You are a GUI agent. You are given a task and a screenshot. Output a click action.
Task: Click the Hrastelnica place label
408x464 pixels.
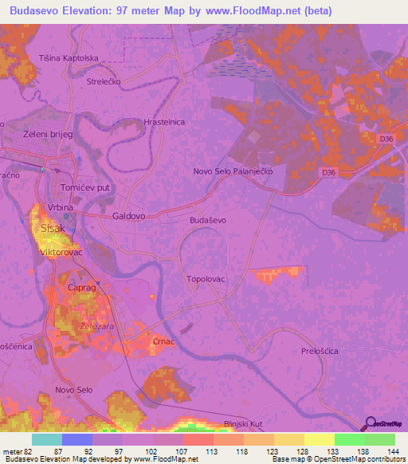point(163,122)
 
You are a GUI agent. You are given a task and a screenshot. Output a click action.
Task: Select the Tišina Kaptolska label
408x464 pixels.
point(69,58)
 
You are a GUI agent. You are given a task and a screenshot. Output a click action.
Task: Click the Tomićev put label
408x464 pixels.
point(84,187)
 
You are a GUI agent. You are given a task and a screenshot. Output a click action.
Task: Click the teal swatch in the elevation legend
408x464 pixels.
point(46,439)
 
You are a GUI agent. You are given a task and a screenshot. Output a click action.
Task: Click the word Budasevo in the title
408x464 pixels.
point(41,10)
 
